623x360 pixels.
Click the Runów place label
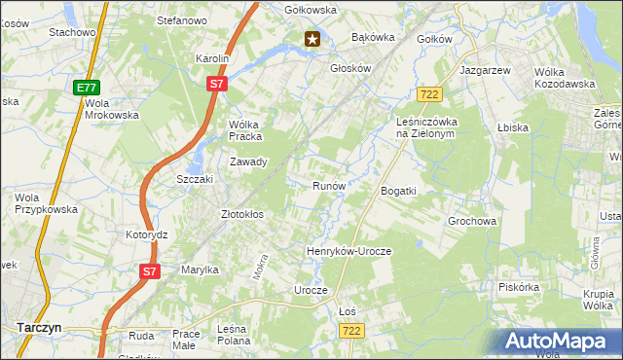328,185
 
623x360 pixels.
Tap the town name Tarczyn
38,328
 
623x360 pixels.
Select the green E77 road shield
86,88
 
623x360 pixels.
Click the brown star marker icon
312,39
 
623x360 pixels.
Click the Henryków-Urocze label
348,251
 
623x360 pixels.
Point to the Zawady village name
247,162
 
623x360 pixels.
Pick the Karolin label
211,58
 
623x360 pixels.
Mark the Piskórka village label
518,287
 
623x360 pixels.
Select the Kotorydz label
147,235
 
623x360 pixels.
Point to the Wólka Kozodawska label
565,78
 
